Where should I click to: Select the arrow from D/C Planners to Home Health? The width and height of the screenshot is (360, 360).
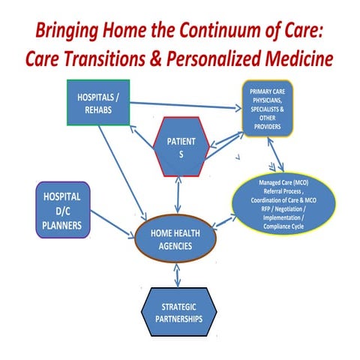tap(112, 223)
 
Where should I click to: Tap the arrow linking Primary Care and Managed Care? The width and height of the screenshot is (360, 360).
tap(279, 157)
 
